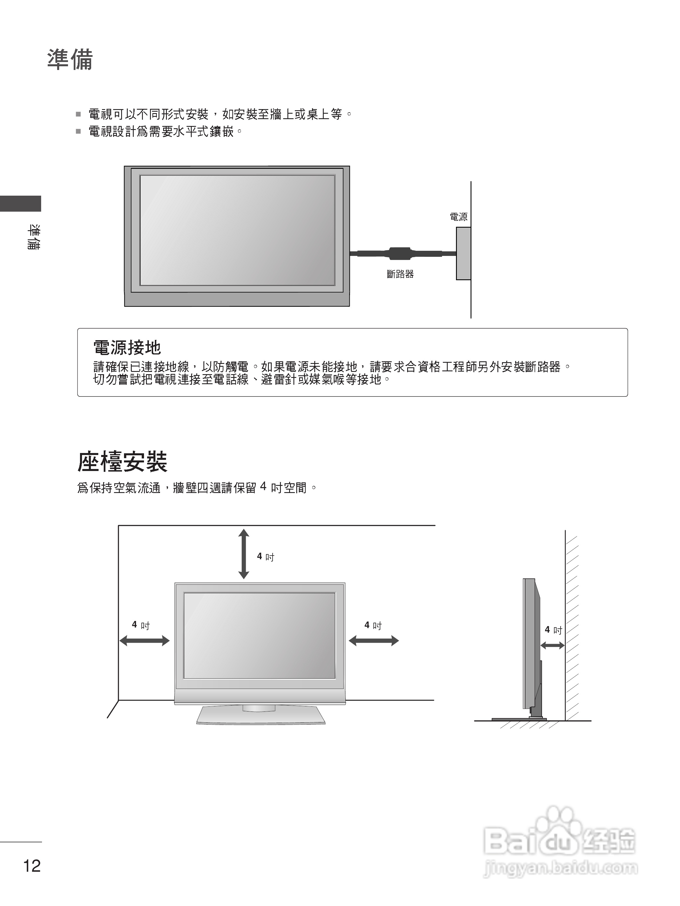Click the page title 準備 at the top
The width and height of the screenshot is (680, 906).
(x=70, y=59)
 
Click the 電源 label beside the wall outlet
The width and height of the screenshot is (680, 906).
(x=458, y=217)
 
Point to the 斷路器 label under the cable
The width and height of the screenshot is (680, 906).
(x=400, y=274)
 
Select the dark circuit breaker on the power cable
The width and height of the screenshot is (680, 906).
(x=399, y=254)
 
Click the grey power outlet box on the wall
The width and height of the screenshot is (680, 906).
(x=463, y=254)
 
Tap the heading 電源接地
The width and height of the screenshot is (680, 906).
(x=127, y=348)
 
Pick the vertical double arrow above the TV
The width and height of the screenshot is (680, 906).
(x=244, y=554)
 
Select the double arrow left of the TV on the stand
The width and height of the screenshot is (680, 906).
(x=144, y=641)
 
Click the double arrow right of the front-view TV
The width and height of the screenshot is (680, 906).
(x=374, y=641)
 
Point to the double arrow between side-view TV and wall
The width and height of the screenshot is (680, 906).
(x=552, y=646)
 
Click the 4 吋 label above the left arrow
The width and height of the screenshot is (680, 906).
(x=141, y=625)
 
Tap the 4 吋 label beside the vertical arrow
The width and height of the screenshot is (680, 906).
(x=265, y=557)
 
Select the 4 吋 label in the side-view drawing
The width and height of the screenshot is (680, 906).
(x=553, y=630)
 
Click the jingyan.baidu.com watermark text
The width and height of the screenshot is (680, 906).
(x=560, y=867)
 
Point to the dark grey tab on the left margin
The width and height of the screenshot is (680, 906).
(x=21, y=204)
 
